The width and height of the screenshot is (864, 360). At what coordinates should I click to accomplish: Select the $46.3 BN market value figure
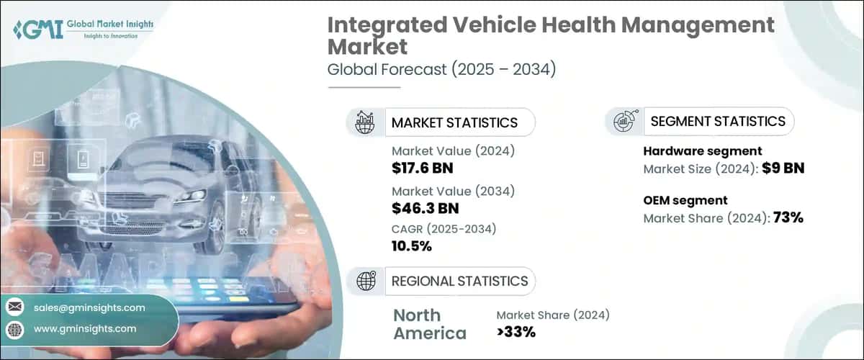[x=426, y=209]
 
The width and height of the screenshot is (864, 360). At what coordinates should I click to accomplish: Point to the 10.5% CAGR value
[x=412, y=246]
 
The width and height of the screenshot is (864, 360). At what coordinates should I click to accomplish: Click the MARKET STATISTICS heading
[x=454, y=122]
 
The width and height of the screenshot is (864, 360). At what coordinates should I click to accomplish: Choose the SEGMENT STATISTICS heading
[x=718, y=121]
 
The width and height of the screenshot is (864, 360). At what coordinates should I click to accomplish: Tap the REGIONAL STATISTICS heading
[x=459, y=281]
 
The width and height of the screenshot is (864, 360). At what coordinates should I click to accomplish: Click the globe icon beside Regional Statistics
[x=366, y=281]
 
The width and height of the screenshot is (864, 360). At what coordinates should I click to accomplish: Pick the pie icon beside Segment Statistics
[x=624, y=121]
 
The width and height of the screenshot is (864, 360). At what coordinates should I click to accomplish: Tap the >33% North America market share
[x=516, y=332]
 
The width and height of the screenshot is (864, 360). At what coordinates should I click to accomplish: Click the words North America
[x=430, y=324]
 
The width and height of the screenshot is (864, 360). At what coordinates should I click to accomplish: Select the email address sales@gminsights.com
[x=89, y=307]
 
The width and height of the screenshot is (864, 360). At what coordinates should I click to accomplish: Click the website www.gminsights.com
[x=85, y=328]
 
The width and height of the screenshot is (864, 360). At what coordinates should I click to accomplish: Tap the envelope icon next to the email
[x=15, y=307]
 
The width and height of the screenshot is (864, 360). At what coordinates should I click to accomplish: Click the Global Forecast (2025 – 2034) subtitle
[x=442, y=70]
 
